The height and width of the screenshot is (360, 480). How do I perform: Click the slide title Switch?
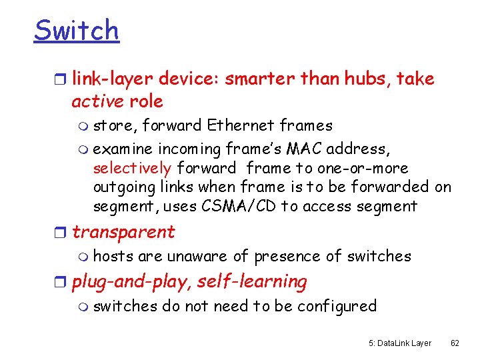tap(76, 31)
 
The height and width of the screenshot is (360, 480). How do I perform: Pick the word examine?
tap(123, 148)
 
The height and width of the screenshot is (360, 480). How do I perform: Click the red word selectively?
tap(132, 168)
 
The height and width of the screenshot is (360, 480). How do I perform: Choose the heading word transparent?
tap(123, 233)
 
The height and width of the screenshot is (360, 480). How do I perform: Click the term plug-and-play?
tap(132, 282)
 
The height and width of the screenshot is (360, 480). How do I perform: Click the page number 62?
tap(455, 343)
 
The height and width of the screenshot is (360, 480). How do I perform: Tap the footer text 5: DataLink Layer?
tap(399, 343)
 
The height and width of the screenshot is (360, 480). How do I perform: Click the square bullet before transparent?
tap(62, 233)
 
